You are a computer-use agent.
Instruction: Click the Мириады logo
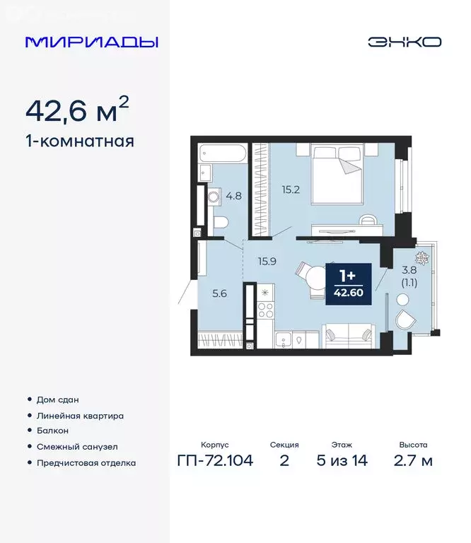pyautogui.click(x=92, y=42)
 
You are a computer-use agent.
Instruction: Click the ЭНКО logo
pyautogui.click(x=404, y=42)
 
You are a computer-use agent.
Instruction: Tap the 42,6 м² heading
pyautogui.click(x=77, y=111)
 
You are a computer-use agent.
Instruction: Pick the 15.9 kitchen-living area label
pyautogui.click(x=267, y=260)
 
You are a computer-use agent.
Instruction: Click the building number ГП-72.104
pyautogui.click(x=214, y=462)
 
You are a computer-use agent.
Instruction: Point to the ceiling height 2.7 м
pyautogui.click(x=413, y=462)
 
